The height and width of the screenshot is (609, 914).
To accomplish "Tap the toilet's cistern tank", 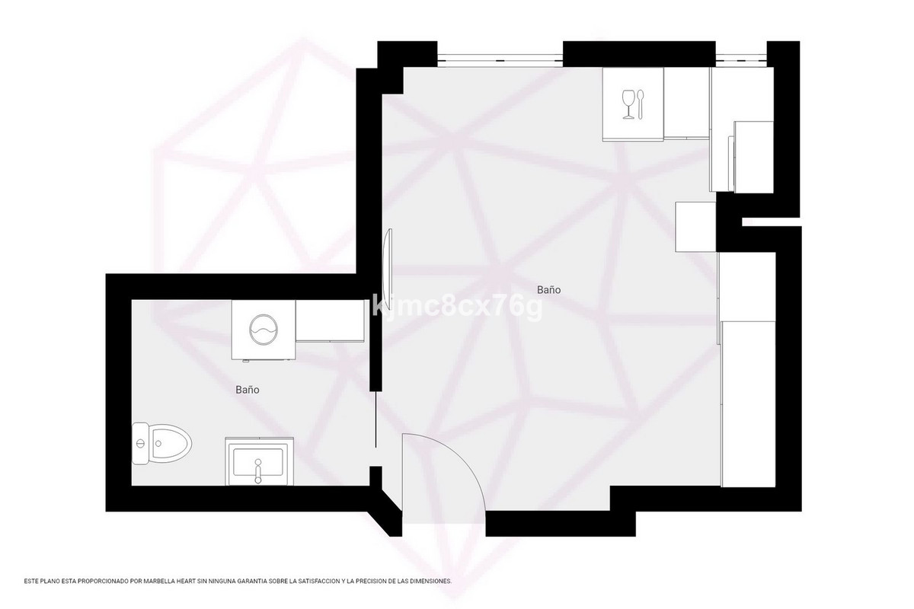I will [x=139, y=443].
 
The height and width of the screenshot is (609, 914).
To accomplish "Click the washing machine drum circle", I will [x=264, y=329].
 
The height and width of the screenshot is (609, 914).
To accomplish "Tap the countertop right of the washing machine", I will [x=329, y=321].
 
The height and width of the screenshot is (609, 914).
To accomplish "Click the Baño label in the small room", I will [x=248, y=389].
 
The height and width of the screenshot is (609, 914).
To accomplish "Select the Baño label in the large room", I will [x=549, y=290].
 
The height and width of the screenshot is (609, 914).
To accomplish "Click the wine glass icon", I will [x=628, y=104].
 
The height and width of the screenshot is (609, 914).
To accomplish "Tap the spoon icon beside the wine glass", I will [x=641, y=104].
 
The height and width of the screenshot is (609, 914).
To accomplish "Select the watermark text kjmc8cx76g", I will [x=457, y=308].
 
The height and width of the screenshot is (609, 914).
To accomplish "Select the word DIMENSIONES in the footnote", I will [x=430, y=581].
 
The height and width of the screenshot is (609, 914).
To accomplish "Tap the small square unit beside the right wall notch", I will [x=695, y=226].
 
